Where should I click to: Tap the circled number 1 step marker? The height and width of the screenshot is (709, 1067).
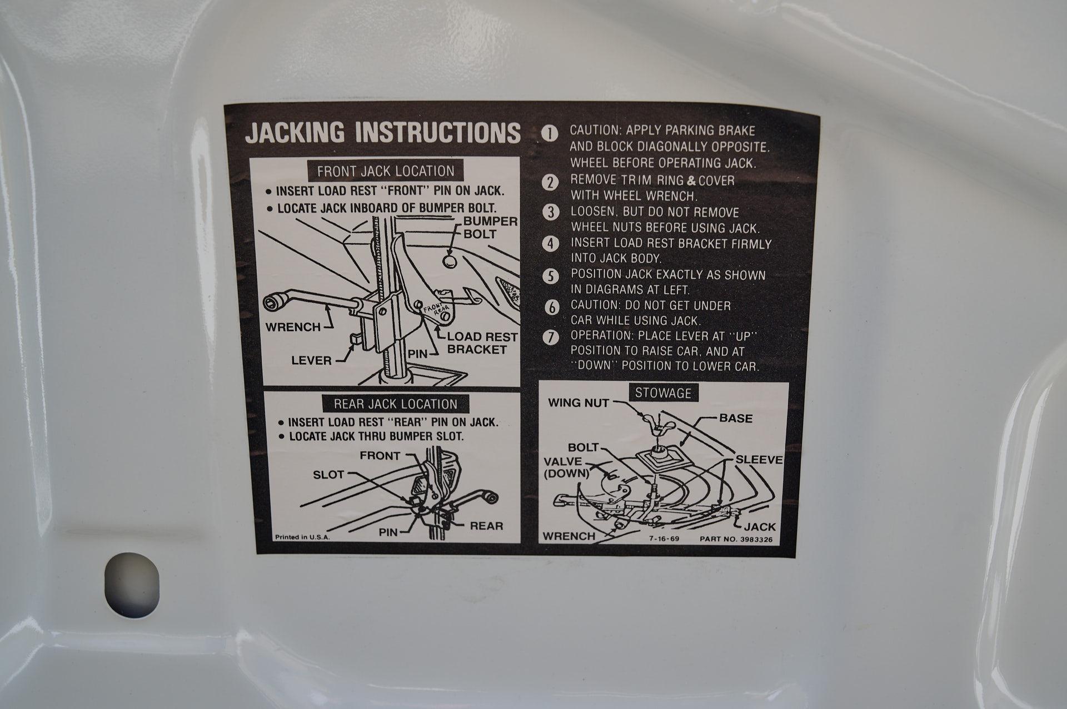coord(550,134)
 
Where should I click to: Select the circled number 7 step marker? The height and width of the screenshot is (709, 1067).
coord(550,338)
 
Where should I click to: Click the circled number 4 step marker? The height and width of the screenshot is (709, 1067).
coord(550,244)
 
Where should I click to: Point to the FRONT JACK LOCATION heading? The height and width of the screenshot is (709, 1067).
coord(386,171)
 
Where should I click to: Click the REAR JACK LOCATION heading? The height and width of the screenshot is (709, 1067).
coord(395,404)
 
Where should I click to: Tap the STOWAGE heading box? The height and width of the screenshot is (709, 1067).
coord(663,393)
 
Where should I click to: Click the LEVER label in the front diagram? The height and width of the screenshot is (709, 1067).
coord(311,361)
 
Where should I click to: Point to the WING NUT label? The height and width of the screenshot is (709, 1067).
coord(579,403)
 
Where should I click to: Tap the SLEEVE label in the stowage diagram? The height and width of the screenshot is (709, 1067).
coord(759,460)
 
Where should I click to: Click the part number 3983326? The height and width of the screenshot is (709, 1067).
coord(736,539)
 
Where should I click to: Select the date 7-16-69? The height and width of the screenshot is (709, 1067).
coord(664,539)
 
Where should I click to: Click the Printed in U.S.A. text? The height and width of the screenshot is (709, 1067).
coord(302,537)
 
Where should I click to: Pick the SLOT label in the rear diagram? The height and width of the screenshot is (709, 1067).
coord(328,475)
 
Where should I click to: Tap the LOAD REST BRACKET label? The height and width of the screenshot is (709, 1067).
coord(482,343)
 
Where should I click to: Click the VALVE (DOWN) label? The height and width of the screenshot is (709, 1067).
coord(566,467)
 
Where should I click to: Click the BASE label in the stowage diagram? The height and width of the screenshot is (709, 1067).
coord(736,418)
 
